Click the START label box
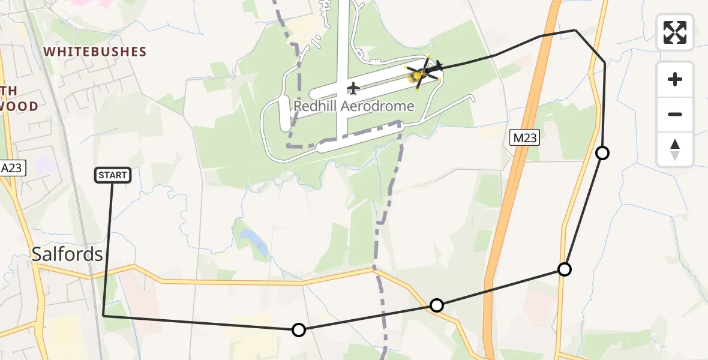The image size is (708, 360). click(x=113, y=175)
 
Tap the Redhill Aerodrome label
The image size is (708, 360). click(x=353, y=107)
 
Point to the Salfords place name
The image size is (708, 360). click(x=67, y=254)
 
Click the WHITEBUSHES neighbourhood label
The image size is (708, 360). click(x=95, y=52)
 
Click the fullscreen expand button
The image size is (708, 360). click(x=674, y=32)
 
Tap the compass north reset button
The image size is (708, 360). click(x=674, y=149)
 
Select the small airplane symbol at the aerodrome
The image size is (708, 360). click(x=353, y=89)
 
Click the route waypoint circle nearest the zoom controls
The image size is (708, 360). click(x=602, y=153)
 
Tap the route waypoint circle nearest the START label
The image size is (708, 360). click(x=298, y=329)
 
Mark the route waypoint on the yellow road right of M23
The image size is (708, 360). click(x=564, y=269)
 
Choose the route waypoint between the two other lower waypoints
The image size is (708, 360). click(x=437, y=305)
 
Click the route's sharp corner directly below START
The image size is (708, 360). click(x=104, y=315)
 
